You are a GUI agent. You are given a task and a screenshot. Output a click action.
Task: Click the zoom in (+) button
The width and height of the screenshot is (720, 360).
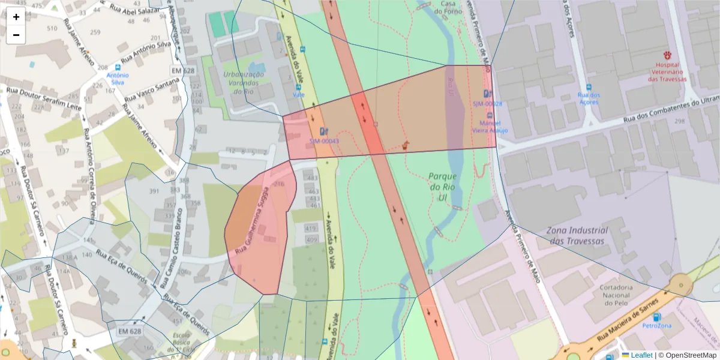click(x=16, y=17)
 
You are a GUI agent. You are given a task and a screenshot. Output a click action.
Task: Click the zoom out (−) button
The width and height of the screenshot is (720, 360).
click(x=16, y=35)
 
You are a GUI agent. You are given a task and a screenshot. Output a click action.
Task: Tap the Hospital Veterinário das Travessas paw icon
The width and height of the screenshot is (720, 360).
click(x=667, y=55)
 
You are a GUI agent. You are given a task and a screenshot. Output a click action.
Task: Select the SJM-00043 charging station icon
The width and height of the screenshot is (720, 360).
click(x=324, y=131)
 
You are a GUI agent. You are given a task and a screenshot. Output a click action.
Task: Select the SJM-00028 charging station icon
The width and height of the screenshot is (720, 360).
click(x=487, y=94)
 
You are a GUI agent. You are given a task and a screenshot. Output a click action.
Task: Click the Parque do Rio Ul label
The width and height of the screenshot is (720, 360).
click(x=443, y=187)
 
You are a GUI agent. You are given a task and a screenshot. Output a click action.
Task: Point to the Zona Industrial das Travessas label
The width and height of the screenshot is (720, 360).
click(x=577, y=235)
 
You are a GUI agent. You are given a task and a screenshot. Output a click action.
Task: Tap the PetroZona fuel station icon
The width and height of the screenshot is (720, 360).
click(x=656, y=316)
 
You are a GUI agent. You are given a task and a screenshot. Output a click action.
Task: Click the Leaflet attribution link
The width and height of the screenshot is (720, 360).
click(x=641, y=355)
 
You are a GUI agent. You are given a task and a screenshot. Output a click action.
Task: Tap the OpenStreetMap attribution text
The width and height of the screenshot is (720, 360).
click(x=688, y=355)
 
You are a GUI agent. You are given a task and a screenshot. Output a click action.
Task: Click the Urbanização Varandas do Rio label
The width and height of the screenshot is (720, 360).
click(x=244, y=82)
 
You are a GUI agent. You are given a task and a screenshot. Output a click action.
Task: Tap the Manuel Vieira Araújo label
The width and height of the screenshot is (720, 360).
click(x=490, y=126)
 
